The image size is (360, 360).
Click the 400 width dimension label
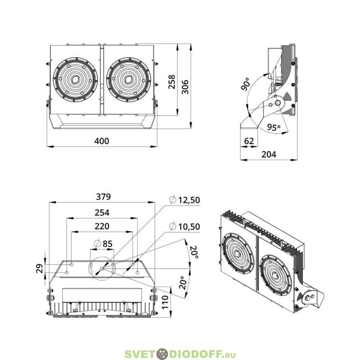click(x=102, y=141)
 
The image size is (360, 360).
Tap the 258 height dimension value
click(x=172, y=82)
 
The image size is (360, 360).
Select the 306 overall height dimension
click(x=185, y=87)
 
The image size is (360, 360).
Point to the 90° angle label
click(x=245, y=84)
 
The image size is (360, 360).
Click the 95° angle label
click(x=274, y=127)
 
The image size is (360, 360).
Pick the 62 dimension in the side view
click(x=249, y=141)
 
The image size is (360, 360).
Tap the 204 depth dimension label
click(x=269, y=154)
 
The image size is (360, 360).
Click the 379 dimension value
click(x=103, y=197)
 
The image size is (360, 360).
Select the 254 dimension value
click(x=102, y=212)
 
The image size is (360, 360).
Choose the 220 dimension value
click(x=102, y=226)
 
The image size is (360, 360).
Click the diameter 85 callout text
click(x=103, y=243)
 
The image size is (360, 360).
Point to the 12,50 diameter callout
click(x=184, y=200)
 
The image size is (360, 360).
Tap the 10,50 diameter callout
click(x=184, y=227)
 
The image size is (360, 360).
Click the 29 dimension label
click(x=40, y=268)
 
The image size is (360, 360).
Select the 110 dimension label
click(x=165, y=302)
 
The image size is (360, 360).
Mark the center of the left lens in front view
click(x=75, y=80)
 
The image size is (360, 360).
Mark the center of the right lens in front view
click(x=128, y=80)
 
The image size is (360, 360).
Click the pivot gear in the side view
click(x=278, y=103)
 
